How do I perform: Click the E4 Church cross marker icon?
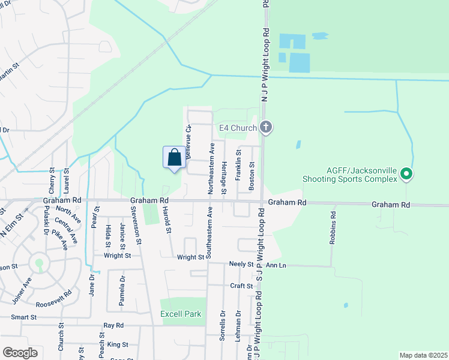click(267, 127)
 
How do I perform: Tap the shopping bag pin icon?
click(174, 158)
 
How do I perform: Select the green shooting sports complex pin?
click(406, 175)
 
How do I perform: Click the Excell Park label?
click(181, 314)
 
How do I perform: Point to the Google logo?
click(20, 352)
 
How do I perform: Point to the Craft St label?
click(241, 286)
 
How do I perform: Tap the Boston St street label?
click(252, 173)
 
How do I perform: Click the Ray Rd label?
click(113, 325)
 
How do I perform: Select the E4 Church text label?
click(238, 128)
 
